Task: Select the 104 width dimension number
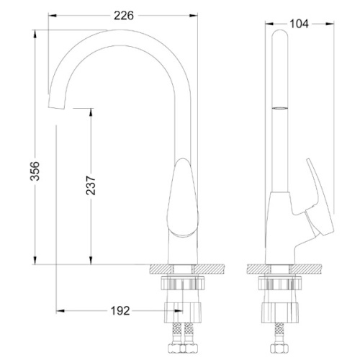(x=298, y=23)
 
